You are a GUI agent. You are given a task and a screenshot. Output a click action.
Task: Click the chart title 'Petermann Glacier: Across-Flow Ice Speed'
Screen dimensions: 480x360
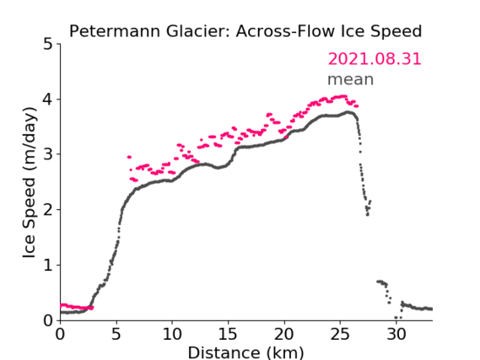[x=245, y=31]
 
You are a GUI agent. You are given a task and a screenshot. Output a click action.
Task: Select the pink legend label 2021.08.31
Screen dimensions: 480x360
[x=375, y=59]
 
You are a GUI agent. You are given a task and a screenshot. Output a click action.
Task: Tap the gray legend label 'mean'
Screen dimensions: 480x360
[x=351, y=79]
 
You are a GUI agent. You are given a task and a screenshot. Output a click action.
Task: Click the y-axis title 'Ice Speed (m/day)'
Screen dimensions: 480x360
[x=30, y=183]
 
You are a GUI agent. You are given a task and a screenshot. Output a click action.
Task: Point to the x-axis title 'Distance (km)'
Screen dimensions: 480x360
[x=245, y=352]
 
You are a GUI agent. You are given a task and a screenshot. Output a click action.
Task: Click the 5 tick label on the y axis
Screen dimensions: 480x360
[x=48, y=44]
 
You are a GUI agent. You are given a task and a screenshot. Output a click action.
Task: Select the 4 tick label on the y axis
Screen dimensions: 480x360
[x=48, y=99]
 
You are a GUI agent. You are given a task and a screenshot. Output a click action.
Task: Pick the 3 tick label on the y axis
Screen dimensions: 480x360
[x=48, y=154]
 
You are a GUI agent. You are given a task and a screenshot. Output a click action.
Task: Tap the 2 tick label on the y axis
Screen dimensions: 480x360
[x=48, y=210]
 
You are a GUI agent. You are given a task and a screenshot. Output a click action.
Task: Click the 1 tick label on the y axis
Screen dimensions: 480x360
[x=48, y=266]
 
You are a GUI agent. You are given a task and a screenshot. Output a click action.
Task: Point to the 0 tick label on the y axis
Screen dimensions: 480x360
[x=48, y=320]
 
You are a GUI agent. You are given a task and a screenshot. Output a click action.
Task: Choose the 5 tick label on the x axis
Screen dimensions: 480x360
[x=116, y=334]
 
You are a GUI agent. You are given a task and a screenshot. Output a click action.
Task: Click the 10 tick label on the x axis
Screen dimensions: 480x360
[x=172, y=334]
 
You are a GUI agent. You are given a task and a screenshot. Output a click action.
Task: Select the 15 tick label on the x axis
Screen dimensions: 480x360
[x=228, y=334]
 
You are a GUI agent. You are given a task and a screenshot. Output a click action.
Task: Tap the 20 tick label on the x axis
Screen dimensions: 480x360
[x=284, y=334]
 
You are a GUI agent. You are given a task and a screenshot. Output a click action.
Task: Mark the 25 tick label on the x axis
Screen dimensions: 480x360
[x=340, y=334]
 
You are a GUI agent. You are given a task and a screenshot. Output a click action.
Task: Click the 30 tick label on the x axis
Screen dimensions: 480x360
[x=396, y=334]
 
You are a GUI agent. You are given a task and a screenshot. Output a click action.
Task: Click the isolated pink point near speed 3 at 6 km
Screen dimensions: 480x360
[x=129, y=157]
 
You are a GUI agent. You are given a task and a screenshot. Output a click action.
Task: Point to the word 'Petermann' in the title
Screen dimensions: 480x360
[x=115, y=31]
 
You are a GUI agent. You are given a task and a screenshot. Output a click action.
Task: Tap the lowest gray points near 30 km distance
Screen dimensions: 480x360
[x=398, y=318]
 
